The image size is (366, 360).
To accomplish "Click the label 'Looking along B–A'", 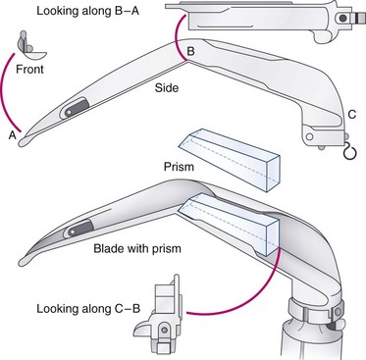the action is click(x=87, y=11).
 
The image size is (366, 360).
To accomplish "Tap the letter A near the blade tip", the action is click(x=13, y=135).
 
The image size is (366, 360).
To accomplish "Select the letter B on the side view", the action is click(x=190, y=51).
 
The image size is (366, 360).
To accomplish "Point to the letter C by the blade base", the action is click(x=352, y=115).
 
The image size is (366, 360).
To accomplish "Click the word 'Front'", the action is click(x=29, y=70).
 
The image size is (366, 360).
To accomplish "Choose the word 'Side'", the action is click(x=167, y=87).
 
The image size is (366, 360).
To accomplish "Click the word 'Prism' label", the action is click(x=179, y=167).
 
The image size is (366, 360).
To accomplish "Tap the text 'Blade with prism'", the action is click(x=137, y=248).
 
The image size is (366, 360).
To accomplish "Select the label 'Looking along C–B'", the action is click(x=88, y=309).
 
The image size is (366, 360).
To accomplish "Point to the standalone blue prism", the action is click(x=230, y=159).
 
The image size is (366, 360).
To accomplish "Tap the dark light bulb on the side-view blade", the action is click(x=75, y=108).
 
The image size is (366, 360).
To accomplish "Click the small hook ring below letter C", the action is click(x=348, y=152).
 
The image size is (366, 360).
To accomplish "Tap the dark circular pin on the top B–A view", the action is click(x=342, y=19).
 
